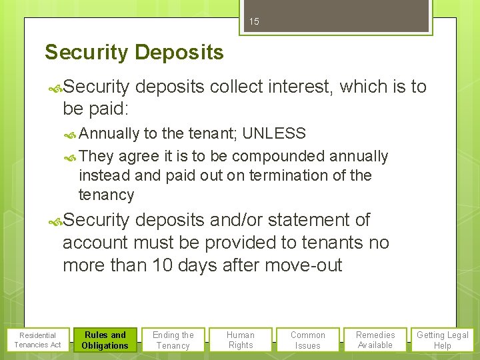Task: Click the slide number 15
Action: coord(254,21)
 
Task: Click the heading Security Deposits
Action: coord(134,52)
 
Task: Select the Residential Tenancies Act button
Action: coord(37,340)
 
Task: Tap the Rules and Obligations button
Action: coord(105,340)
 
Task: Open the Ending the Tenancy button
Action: coord(173,340)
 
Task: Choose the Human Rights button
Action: coord(241,340)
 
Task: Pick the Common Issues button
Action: coord(308,340)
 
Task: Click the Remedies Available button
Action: coord(375,340)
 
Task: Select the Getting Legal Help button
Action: coord(443,340)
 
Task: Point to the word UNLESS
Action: coord(274,133)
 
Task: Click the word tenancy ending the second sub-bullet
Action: coord(107,195)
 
